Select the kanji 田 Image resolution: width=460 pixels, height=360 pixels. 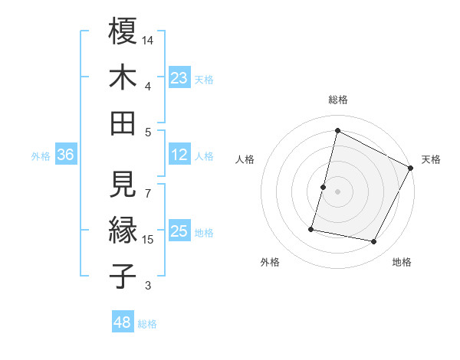click(123, 123)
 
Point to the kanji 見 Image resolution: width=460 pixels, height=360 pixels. click(123, 184)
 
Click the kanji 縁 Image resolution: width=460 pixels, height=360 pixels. click(123, 231)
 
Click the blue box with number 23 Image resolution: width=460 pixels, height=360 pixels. click(179, 77)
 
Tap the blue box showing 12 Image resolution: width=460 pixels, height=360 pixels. click(179, 155)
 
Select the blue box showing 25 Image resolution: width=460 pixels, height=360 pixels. click(179, 232)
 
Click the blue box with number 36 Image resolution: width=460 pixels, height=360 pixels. click(66, 155)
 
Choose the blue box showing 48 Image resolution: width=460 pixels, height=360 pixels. click(123, 322)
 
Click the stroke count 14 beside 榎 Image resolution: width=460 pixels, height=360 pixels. click(149, 39)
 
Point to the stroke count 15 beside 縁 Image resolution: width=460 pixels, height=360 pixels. click(149, 240)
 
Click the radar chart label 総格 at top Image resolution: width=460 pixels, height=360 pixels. click(337, 100)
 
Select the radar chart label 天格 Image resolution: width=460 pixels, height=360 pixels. click(431, 159)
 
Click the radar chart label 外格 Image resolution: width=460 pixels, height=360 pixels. click(270, 262)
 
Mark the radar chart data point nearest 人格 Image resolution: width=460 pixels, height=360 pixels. click(324, 187)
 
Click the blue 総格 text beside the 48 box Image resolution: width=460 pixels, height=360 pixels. click(147, 323)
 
